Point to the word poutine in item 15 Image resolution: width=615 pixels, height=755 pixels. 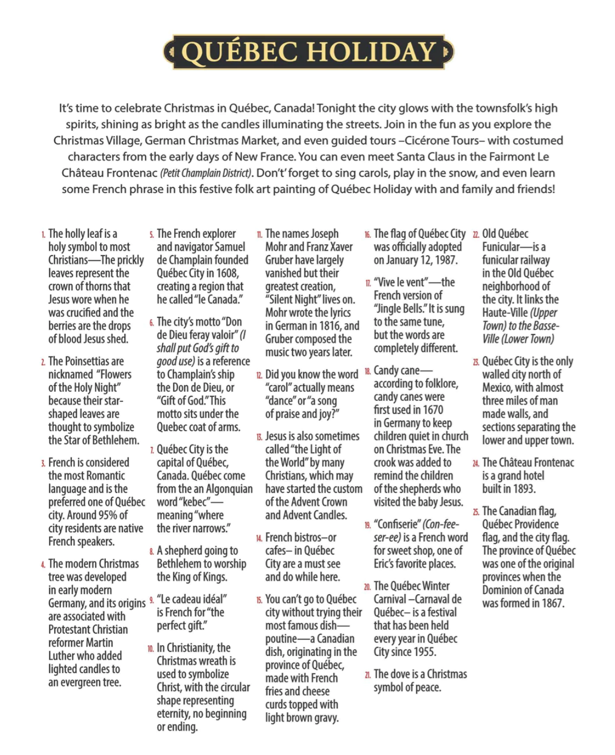pos(286,639)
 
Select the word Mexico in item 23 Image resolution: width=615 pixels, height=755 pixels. pos(497,388)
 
